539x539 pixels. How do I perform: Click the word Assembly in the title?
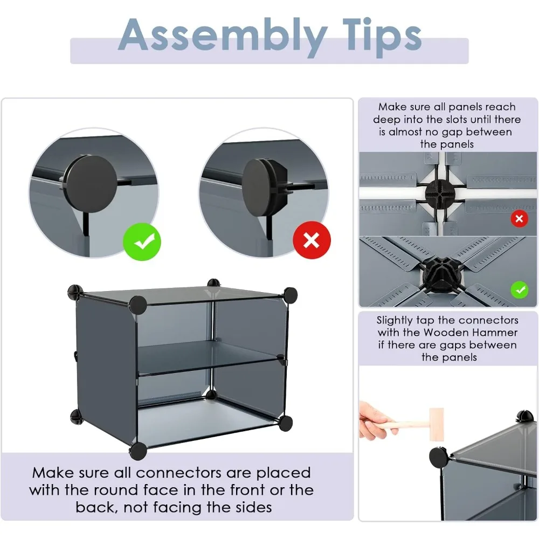(223, 37)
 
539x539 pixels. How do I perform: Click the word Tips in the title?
(382, 37)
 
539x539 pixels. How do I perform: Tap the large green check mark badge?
(142, 241)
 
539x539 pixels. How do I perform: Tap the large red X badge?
(312, 240)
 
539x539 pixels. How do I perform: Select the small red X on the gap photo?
(519, 219)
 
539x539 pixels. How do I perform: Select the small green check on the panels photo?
(520, 290)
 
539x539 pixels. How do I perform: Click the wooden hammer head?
(437, 425)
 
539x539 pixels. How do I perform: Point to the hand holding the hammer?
(373, 420)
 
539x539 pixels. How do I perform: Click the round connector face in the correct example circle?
(92, 180)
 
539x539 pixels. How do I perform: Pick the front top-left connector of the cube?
(138, 305)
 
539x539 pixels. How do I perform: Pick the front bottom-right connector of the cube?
(286, 423)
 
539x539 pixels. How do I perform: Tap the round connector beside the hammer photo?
(439, 458)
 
